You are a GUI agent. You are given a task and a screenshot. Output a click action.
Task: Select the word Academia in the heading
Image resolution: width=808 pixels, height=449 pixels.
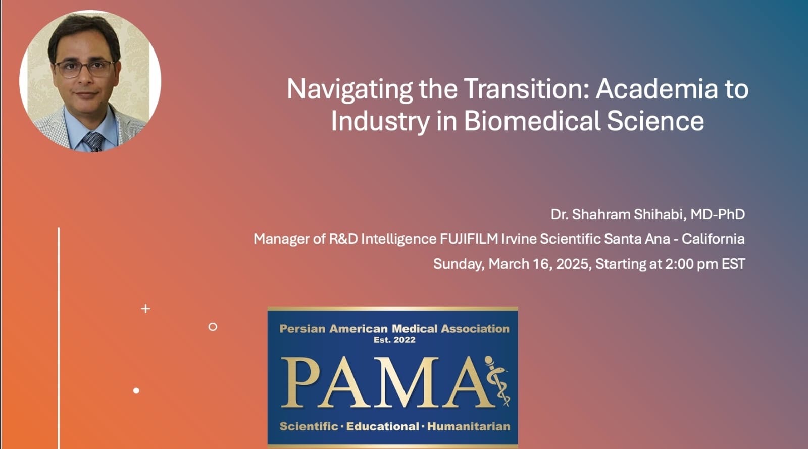click(656, 89)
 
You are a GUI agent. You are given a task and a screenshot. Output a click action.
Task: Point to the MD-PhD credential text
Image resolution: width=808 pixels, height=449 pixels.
click(718, 214)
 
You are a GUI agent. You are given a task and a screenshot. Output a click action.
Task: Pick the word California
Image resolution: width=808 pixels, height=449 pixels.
click(713, 239)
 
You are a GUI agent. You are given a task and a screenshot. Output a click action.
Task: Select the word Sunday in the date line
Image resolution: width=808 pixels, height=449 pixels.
click(459, 264)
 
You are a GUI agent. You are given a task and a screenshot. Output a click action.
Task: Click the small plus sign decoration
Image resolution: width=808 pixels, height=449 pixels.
click(146, 309)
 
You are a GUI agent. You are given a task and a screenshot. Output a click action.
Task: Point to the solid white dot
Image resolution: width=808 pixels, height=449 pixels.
click(136, 390)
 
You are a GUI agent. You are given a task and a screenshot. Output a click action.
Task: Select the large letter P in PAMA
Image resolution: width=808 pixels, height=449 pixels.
click(300, 382)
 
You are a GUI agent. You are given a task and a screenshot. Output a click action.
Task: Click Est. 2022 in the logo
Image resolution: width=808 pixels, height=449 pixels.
click(394, 340)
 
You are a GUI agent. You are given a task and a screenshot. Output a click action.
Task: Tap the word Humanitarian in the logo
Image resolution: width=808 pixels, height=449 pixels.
click(469, 427)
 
